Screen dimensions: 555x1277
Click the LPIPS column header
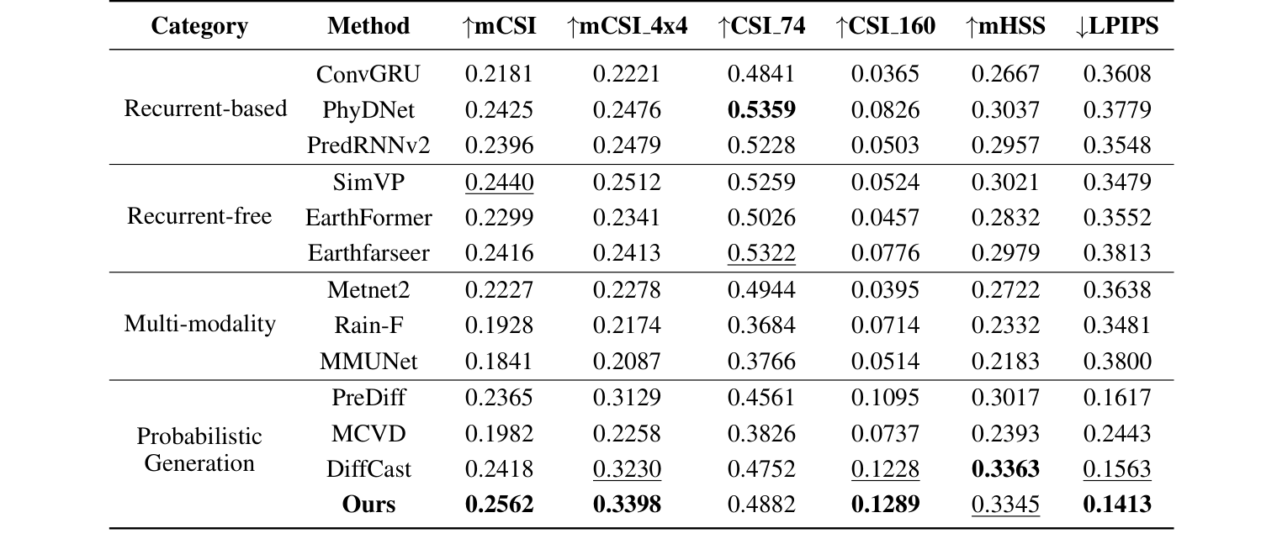pos(1116,26)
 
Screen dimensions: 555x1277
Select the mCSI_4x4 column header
pos(627,26)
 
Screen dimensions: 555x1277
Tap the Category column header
pos(199,26)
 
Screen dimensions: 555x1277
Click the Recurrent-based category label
pos(205,108)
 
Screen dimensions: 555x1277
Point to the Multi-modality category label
pos(199,325)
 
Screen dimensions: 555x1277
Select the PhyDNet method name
pos(368,109)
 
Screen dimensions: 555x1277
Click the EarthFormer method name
pos(368,218)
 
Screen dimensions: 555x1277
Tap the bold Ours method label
pos(368,505)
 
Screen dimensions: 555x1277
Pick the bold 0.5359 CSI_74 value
pos(761,109)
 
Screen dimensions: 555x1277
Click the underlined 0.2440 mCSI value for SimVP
pos(499,182)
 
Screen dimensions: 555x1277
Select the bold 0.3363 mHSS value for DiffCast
pos(1005,468)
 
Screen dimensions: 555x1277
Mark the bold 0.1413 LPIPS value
pos(1116,505)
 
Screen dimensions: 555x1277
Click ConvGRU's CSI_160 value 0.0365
pos(885,73)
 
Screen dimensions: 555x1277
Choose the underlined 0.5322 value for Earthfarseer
pos(761,253)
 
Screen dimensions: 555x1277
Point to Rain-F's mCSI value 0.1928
pos(499,325)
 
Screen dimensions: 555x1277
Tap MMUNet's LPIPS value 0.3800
pos(1116,361)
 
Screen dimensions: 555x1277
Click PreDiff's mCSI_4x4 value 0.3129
pos(627,397)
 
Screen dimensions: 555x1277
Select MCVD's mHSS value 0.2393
pos(1005,433)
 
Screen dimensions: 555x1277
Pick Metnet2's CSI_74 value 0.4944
pos(761,289)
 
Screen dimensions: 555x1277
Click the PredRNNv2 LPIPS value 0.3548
pos(1116,145)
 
